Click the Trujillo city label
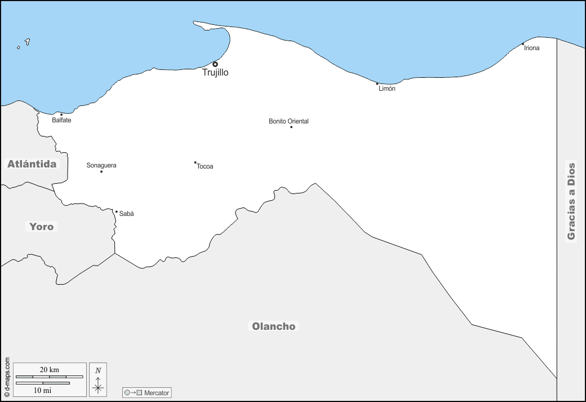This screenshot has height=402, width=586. [215, 73]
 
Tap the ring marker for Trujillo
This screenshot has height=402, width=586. [215, 64]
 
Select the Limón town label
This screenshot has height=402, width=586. [387, 89]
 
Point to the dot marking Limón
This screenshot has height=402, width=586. [378, 84]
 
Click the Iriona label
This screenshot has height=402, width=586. [531, 48]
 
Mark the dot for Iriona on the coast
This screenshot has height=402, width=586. [523, 44]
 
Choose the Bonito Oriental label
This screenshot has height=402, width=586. [288, 121]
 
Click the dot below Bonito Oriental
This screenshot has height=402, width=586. [291, 127]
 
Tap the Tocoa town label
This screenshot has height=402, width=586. [205, 166]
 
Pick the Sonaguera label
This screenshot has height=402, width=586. [101, 165]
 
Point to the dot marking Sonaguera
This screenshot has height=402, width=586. [101, 171]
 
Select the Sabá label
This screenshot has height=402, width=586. [127, 214]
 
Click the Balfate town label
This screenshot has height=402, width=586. [61, 120]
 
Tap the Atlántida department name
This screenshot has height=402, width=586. [32, 164]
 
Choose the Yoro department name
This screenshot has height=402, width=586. [42, 227]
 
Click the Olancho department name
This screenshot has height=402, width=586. [273, 326]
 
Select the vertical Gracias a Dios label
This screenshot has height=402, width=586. [571, 201]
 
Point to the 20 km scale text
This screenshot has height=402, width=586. [50, 370]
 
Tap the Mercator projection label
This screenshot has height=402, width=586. [157, 392]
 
